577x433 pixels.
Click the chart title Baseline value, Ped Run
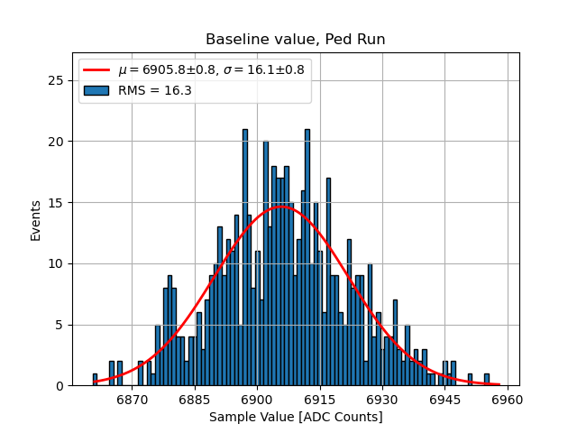point(296,40)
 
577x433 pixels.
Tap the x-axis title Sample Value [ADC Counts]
point(296,417)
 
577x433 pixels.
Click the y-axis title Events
point(36,219)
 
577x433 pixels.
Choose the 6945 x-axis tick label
point(444,398)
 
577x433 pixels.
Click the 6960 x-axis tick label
point(506,398)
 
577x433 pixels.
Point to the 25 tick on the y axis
point(57,80)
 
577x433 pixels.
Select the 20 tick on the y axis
point(57,142)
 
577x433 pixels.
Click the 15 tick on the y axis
point(57,202)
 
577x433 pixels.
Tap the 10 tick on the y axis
point(57,263)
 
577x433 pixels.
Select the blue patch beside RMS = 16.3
point(97,90)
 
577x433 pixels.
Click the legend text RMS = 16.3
point(155,90)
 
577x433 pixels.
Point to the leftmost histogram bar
point(95,380)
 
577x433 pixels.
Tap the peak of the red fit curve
point(280,206)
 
